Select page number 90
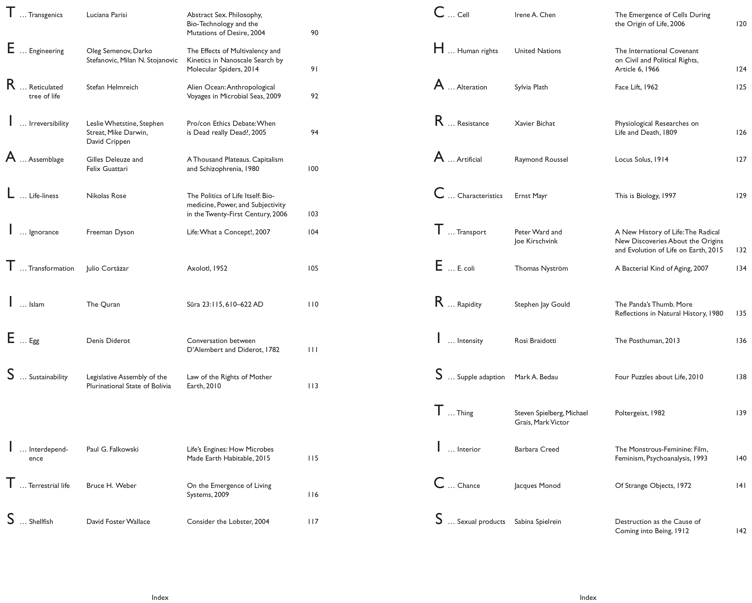click(x=314, y=33)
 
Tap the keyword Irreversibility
click(x=49, y=124)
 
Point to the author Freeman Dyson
click(x=110, y=232)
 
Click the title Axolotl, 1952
click(x=207, y=268)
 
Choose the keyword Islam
click(x=37, y=304)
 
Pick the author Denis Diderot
click(x=108, y=340)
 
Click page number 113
click(x=313, y=386)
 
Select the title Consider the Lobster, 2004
click(x=228, y=522)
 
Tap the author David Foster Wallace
click(x=118, y=522)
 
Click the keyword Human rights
click(x=477, y=51)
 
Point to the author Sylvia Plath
click(x=531, y=87)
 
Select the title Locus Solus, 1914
click(x=641, y=160)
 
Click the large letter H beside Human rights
click(x=438, y=48)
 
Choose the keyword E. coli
click(x=466, y=268)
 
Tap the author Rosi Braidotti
click(x=535, y=340)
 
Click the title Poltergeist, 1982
click(x=640, y=413)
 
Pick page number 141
click(x=741, y=486)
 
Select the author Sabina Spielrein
click(x=537, y=522)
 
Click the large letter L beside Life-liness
click(x=10, y=193)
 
